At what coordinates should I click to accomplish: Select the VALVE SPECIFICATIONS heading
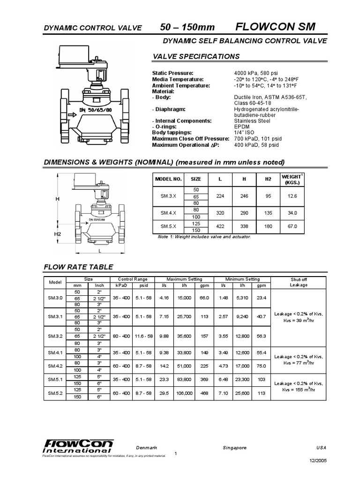196,57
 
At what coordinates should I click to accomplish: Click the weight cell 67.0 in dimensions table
292,226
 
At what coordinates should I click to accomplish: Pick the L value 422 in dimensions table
220,226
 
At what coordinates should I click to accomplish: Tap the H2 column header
268,179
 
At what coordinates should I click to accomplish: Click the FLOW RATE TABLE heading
78,267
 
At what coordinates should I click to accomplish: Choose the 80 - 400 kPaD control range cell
118,335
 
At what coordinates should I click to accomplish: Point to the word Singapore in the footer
234,448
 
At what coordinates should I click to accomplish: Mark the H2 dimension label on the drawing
58,233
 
